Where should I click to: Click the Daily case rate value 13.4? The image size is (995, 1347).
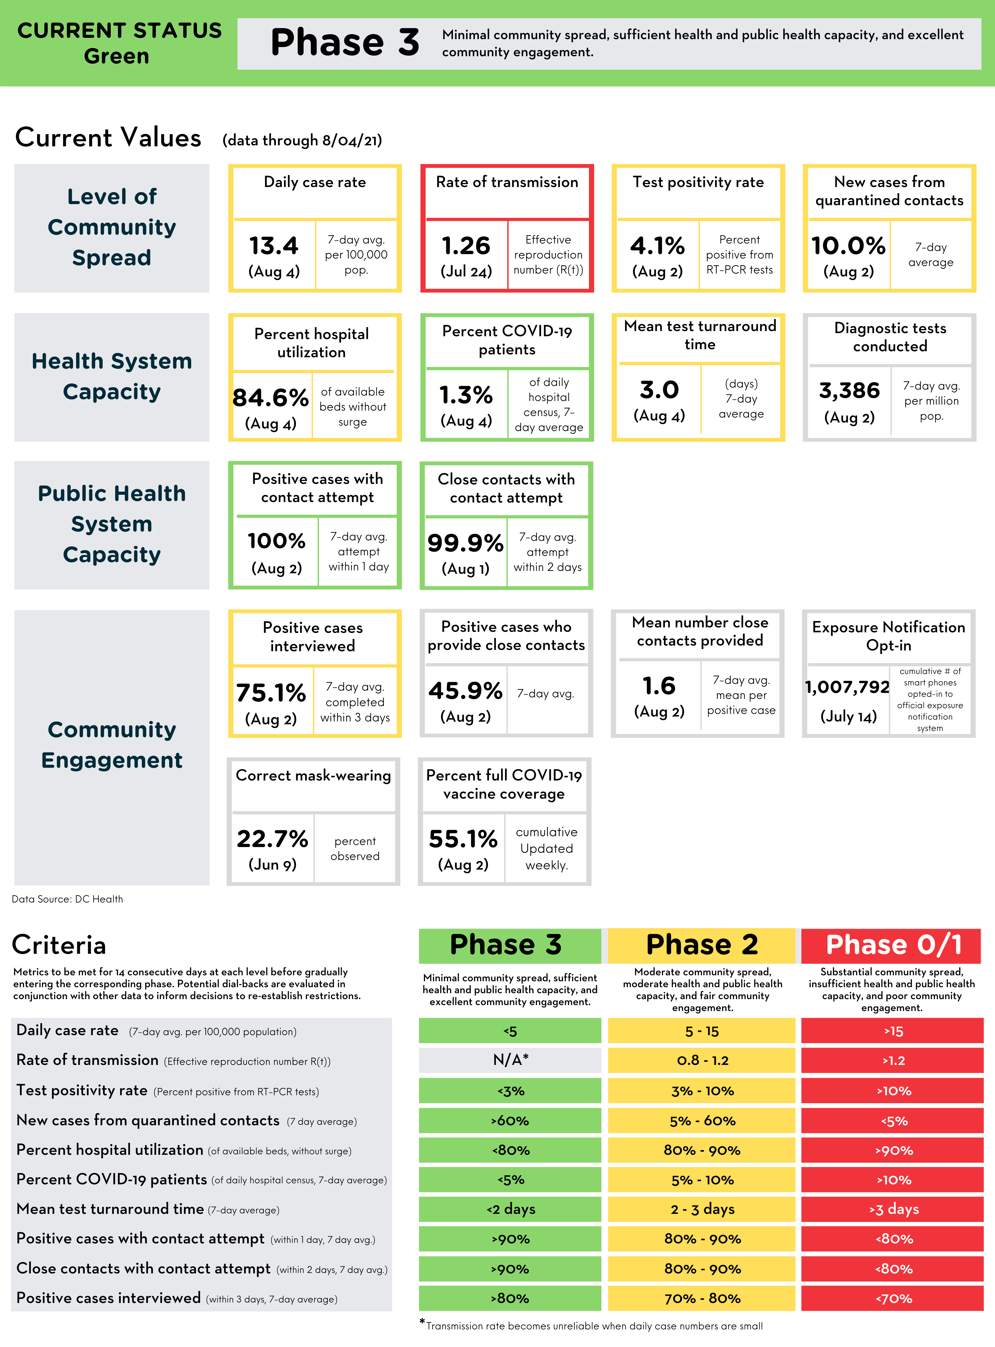pos(274,246)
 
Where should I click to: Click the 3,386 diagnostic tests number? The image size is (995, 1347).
pos(849,390)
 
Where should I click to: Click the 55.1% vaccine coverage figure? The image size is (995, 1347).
pos(463,838)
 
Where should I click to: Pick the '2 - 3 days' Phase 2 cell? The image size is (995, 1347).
pos(702,1209)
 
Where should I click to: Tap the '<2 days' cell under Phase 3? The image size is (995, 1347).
pos(510,1209)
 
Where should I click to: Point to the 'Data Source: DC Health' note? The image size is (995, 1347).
pos(67,899)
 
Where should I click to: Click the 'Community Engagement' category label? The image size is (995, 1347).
pos(112,745)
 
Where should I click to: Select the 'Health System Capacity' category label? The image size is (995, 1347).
pos(112,376)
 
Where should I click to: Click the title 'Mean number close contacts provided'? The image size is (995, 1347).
pos(700,631)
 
